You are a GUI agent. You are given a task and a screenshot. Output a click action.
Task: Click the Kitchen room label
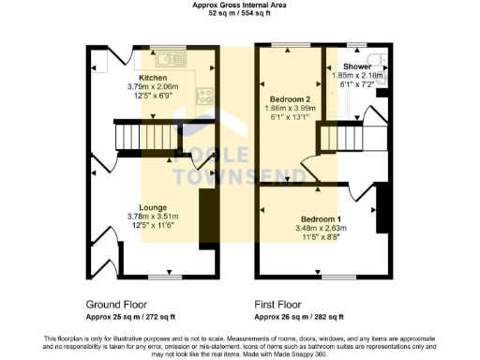153,78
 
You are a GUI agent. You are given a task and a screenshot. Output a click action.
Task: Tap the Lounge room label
153,207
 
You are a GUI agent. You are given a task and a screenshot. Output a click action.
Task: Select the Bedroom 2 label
290,98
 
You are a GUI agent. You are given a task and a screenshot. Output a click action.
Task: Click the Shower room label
356,67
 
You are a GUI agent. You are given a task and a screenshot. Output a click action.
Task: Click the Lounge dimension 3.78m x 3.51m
153,217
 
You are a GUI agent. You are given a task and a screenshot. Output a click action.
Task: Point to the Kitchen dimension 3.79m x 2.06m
153,87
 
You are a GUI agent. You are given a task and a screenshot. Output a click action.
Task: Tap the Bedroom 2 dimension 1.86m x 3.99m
290,109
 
